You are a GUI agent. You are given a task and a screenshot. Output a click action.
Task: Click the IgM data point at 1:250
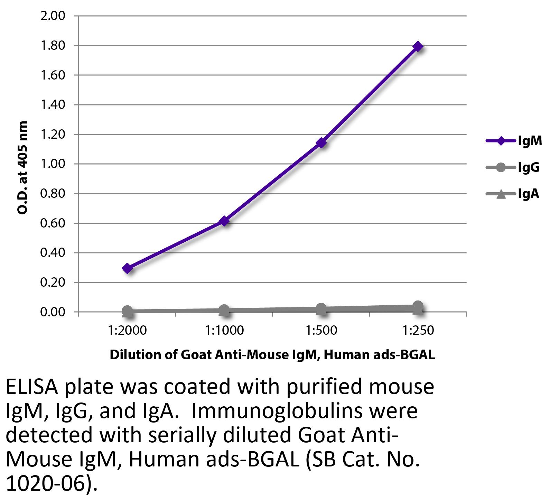(418, 46)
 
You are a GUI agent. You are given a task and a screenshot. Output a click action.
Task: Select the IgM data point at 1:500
(321, 143)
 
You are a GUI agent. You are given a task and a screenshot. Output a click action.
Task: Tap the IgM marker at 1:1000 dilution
(224, 221)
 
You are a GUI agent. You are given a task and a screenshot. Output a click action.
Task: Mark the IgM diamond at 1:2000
(127, 268)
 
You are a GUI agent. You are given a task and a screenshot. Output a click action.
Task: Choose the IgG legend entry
(513, 168)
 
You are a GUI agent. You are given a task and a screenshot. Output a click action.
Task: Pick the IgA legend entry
(513, 194)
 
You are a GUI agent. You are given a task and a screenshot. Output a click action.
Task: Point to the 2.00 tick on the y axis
(53, 16)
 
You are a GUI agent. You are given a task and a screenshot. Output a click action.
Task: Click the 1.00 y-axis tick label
(53, 164)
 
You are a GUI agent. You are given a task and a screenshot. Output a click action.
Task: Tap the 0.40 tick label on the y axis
(53, 253)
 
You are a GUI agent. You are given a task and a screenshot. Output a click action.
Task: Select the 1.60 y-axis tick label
(53, 75)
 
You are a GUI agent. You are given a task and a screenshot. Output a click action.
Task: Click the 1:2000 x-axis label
(127, 331)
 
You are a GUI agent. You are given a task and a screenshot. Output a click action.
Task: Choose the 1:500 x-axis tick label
(321, 331)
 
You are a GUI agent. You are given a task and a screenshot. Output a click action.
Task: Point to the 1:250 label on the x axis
(418, 331)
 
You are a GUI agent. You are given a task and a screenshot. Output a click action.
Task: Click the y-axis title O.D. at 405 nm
(23, 167)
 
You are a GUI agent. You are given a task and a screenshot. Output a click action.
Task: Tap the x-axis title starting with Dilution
(272, 355)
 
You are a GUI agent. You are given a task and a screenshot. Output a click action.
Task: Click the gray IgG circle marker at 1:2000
(127, 311)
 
